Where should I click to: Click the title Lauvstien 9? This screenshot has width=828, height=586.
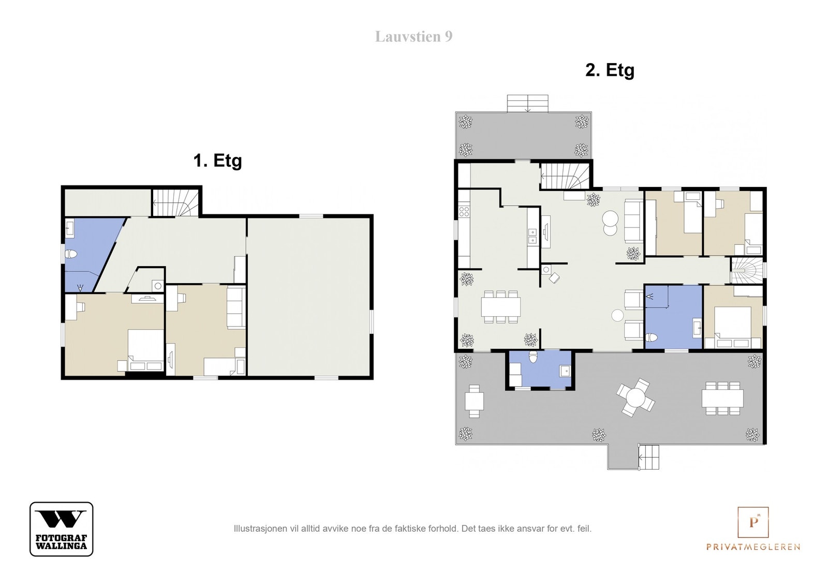tap(413, 37)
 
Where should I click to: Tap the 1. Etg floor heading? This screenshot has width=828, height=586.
tap(217, 161)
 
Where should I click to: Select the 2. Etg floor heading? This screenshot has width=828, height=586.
tap(610, 70)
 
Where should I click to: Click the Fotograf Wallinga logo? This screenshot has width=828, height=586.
tap(62, 529)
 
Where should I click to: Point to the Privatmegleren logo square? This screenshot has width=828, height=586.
tap(753, 522)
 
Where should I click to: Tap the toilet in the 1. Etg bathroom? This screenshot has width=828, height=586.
tap(71, 254)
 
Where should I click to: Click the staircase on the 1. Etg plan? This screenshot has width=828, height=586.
tap(175, 202)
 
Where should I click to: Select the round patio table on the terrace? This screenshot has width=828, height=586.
tap(635, 397)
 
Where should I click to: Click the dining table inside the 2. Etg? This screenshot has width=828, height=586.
tap(501, 307)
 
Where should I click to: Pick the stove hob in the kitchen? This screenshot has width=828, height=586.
tap(464, 212)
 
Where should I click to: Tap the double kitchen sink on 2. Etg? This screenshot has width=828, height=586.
tap(533, 236)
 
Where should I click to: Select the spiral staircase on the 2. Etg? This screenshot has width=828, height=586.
tap(747, 271)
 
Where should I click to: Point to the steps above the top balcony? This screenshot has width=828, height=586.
tap(527, 103)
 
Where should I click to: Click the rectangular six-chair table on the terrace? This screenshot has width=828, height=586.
tap(722, 399)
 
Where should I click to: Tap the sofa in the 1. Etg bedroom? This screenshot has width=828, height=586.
tap(236, 307)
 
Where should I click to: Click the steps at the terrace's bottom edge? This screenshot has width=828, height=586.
tap(649, 457)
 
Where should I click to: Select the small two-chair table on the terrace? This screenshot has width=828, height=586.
tap(474, 401)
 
